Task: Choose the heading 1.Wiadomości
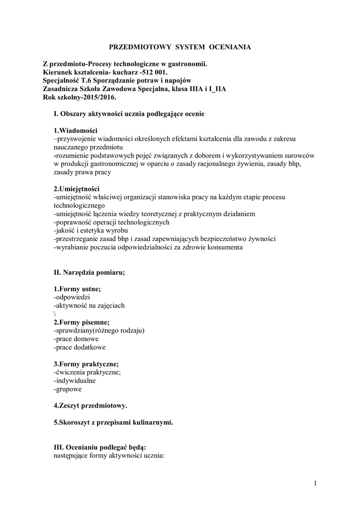pos(75,130)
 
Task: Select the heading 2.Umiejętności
pos(77,189)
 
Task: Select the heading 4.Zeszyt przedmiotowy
pos(90,406)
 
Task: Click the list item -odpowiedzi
pos(72,297)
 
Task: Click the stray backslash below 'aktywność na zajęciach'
pos(54,314)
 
